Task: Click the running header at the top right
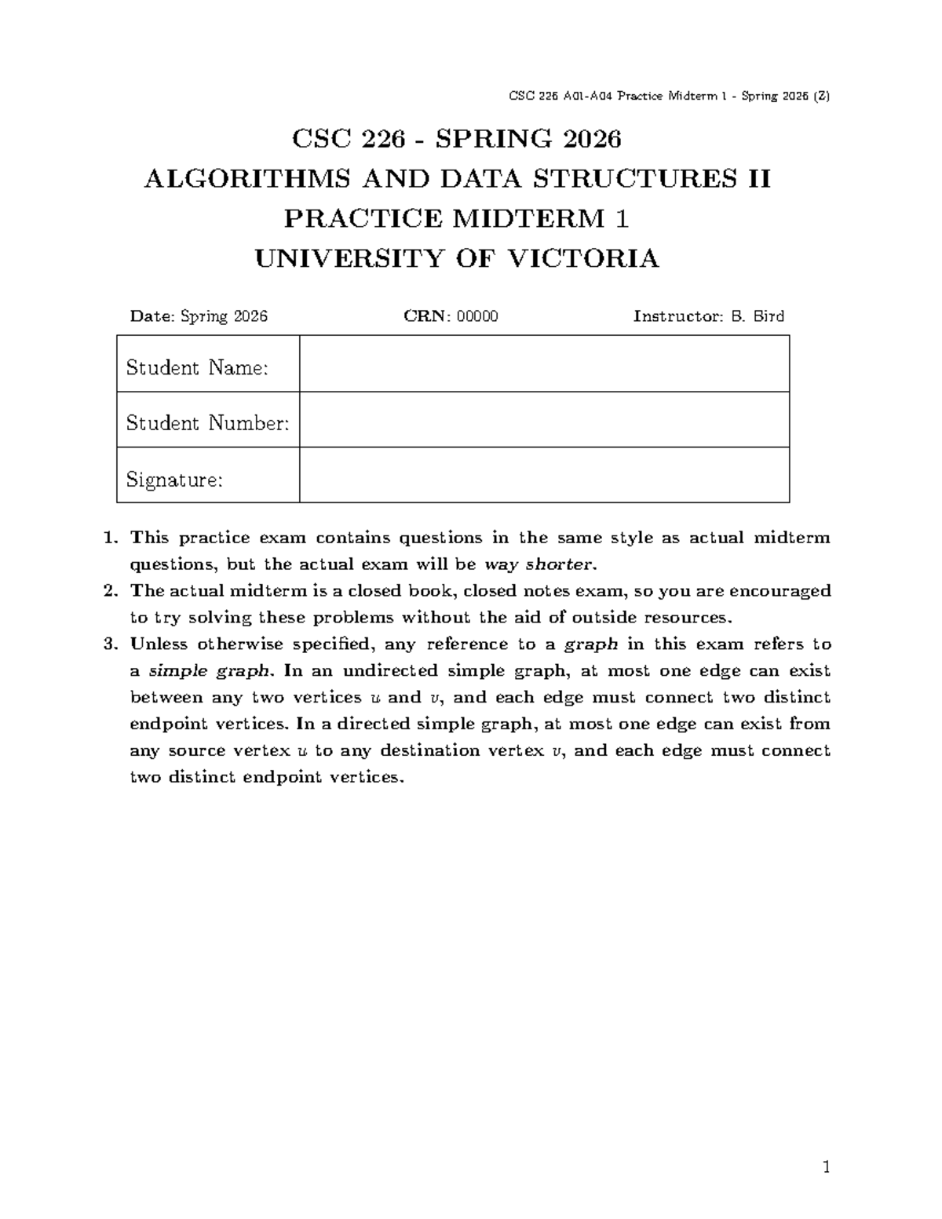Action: (x=669, y=97)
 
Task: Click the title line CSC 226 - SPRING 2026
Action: (x=456, y=139)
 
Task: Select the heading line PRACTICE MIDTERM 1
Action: (x=456, y=218)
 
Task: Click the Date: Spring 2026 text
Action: (x=199, y=316)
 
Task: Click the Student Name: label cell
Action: (x=198, y=367)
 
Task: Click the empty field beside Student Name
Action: (x=544, y=364)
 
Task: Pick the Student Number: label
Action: (x=207, y=423)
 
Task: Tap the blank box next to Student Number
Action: (x=544, y=420)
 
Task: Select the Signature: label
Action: (x=174, y=480)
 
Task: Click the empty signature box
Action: (x=544, y=476)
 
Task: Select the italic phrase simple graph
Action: (x=212, y=671)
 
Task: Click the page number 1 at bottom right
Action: (x=826, y=1168)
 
